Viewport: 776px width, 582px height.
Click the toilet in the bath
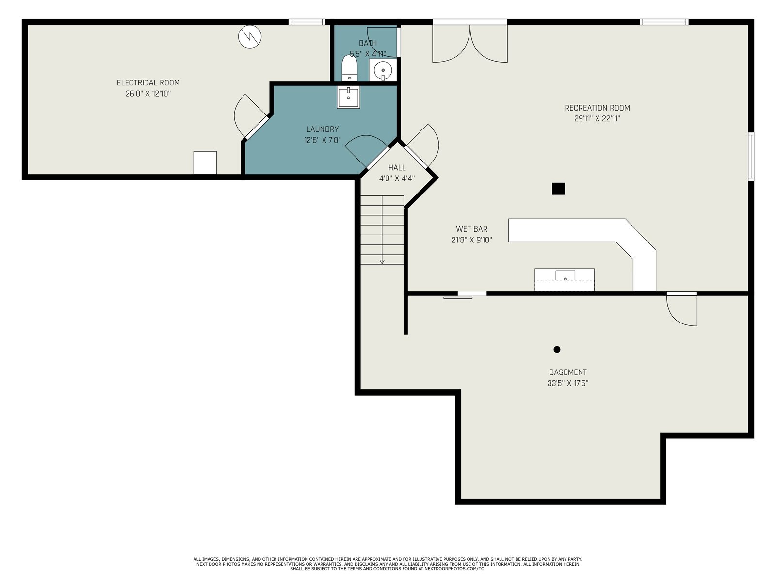click(x=349, y=68)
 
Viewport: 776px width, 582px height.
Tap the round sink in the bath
click(x=383, y=70)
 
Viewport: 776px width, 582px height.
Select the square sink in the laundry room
click(x=348, y=97)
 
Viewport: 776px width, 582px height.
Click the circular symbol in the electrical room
click(x=250, y=36)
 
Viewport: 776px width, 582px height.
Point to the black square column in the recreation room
click(x=558, y=189)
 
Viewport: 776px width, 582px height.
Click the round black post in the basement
click(x=557, y=350)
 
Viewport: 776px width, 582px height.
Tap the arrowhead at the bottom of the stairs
click(x=382, y=262)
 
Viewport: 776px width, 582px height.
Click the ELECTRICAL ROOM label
click(x=148, y=82)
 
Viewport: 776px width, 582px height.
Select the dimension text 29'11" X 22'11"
click(x=597, y=119)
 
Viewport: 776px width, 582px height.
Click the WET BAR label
click(x=471, y=229)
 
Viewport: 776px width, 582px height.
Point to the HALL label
click(x=397, y=168)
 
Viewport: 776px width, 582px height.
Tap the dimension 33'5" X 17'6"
click(x=568, y=383)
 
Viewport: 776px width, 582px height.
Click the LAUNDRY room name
click(x=323, y=129)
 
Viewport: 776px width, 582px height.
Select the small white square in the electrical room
click(x=205, y=162)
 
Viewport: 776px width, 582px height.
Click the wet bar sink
click(x=566, y=275)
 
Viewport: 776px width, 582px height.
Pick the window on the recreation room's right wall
click(x=751, y=157)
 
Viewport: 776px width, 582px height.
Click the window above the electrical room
click(x=307, y=22)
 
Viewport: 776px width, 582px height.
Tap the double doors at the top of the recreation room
click(x=470, y=41)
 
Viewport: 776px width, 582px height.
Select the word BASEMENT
click(x=568, y=372)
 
